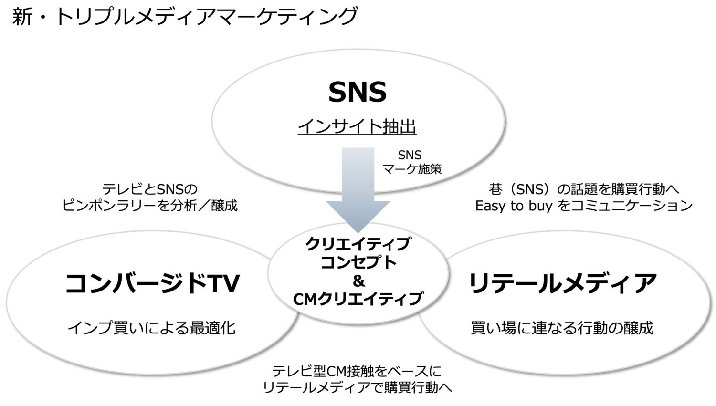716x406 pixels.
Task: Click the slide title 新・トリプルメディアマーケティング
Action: (x=184, y=17)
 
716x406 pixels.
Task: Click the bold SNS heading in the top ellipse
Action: (x=358, y=92)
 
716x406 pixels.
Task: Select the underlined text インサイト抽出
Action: (x=357, y=126)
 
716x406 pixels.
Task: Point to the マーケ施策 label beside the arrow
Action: (x=412, y=169)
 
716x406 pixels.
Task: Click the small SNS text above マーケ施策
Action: (x=410, y=155)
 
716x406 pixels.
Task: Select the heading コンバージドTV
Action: (x=152, y=283)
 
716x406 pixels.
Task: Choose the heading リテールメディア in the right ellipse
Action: (x=562, y=283)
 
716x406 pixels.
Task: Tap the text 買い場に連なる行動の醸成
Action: (x=562, y=328)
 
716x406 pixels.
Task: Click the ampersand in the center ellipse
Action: (x=358, y=281)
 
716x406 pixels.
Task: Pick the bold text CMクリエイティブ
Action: (x=358, y=299)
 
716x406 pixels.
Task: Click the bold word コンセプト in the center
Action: (x=358, y=262)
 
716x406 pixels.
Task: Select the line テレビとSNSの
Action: (x=150, y=189)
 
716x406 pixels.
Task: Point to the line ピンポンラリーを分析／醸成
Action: (x=150, y=206)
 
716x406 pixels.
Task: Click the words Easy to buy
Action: (x=514, y=206)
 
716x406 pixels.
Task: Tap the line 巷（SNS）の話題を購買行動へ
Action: (x=584, y=189)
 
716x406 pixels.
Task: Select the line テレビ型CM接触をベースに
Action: (x=357, y=371)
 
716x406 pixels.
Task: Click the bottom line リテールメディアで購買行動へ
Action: (x=358, y=387)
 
